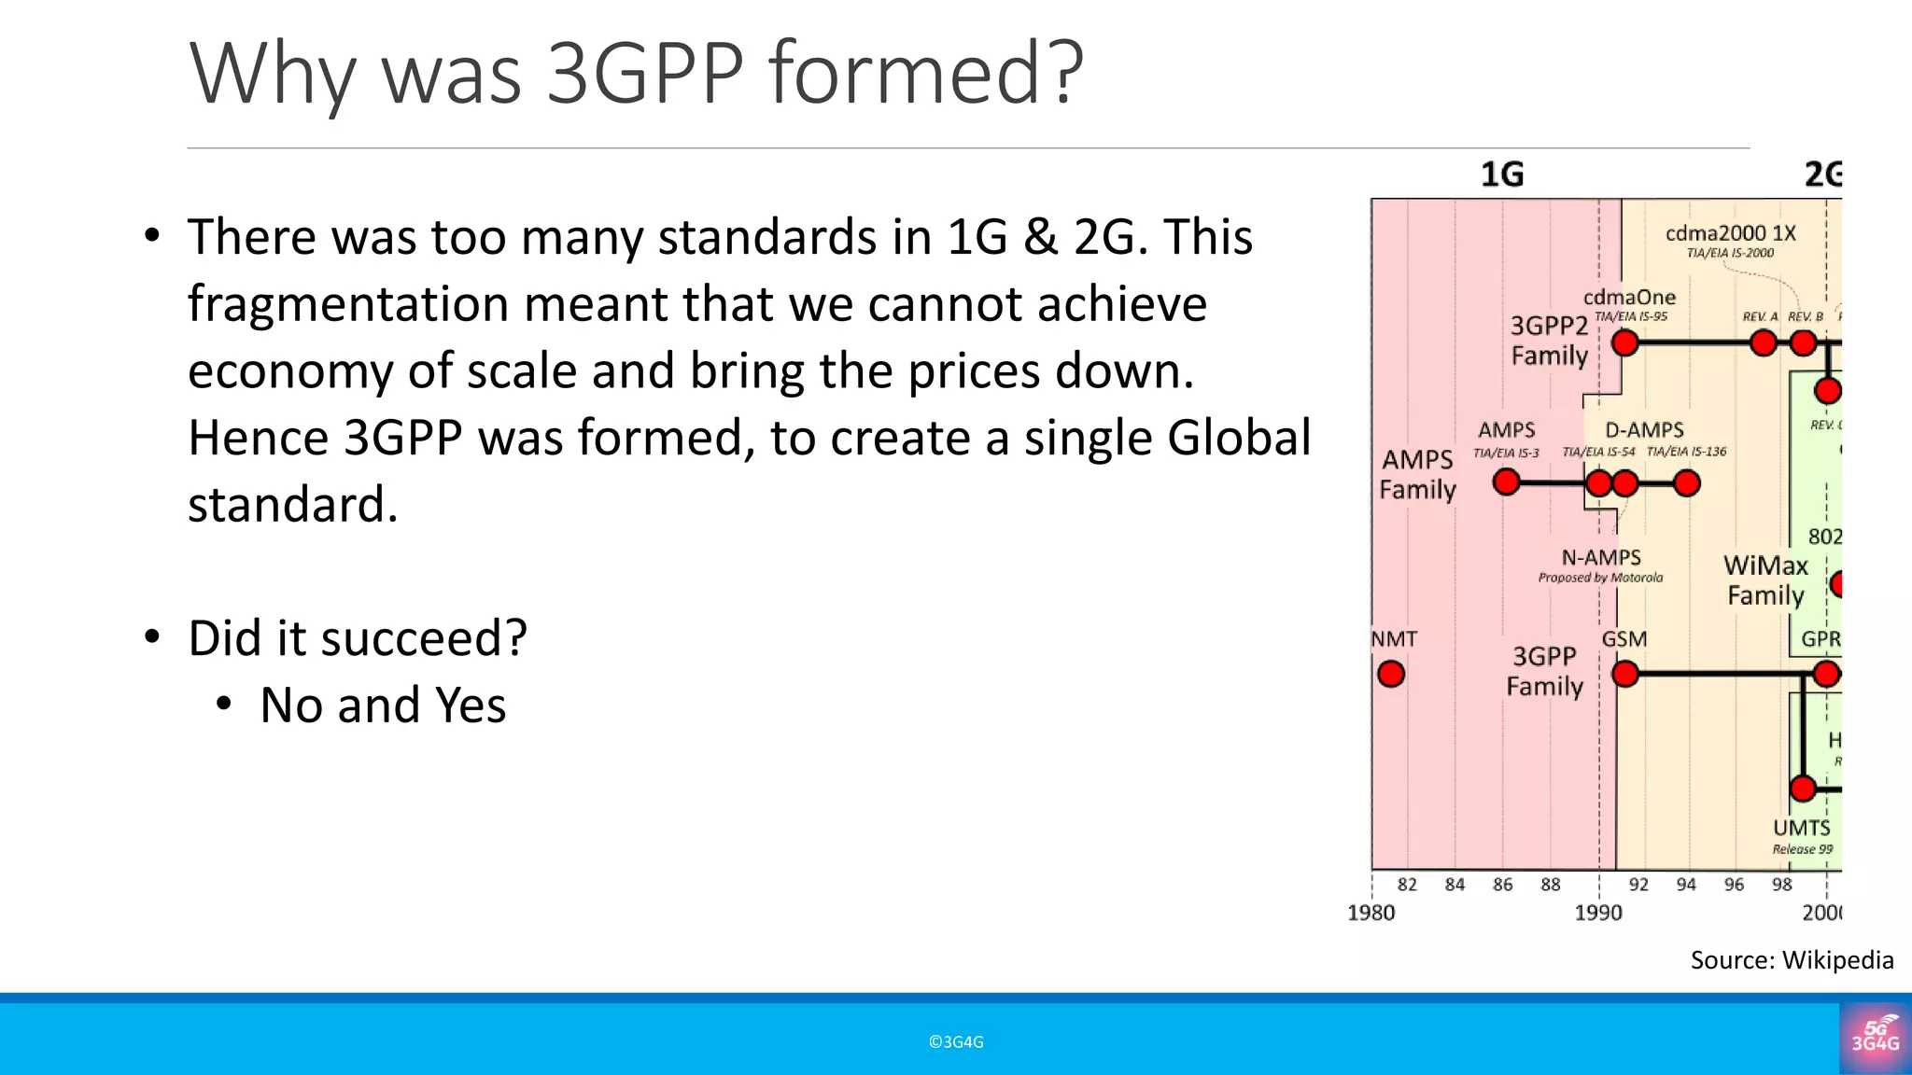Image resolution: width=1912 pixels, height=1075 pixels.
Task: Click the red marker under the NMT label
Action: [x=1391, y=674]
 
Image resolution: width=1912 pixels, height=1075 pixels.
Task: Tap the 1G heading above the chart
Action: [x=1502, y=175]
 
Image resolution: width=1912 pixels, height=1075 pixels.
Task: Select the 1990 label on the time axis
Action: [x=1598, y=913]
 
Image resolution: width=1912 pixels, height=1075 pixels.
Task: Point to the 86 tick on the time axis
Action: [x=1502, y=885]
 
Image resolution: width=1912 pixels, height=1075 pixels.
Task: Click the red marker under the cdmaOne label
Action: [x=1625, y=343]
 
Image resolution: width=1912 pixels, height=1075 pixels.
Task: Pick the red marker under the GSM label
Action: [x=1625, y=674]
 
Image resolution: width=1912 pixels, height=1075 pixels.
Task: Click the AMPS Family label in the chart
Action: [x=1417, y=474]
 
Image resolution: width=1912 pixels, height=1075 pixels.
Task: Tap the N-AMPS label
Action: [x=1601, y=558]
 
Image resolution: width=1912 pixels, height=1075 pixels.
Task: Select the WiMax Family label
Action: [x=1765, y=580]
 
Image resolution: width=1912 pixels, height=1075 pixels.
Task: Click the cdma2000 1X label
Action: [x=1730, y=233]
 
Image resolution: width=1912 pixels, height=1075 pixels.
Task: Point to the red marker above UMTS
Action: [x=1803, y=789]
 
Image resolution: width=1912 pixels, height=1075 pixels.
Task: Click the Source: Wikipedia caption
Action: [x=1792, y=960]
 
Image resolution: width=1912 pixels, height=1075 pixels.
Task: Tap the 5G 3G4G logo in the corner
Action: [x=1876, y=1039]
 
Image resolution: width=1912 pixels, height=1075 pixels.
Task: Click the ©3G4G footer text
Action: [x=956, y=1042]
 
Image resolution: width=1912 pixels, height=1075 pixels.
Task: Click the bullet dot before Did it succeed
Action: [x=153, y=637]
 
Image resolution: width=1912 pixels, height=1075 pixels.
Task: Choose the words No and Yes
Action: [x=383, y=705]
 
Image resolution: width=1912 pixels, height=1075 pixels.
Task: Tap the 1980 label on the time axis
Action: [x=1371, y=913]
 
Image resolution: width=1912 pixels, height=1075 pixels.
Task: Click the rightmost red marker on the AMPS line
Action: [x=1687, y=483]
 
